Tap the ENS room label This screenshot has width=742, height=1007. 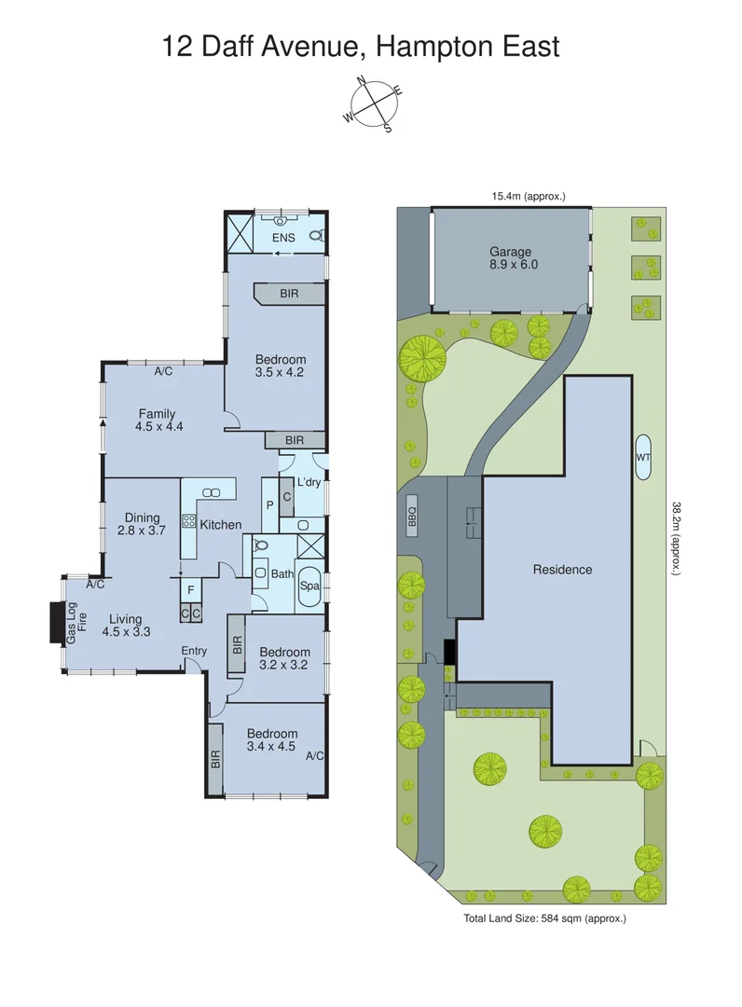click(x=282, y=238)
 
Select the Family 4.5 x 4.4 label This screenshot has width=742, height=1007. click(x=157, y=421)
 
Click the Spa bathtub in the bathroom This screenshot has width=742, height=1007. click(x=309, y=586)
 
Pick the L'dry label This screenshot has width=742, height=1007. click(x=309, y=482)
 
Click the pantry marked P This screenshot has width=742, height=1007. click(x=270, y=504)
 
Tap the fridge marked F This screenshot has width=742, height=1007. click(x=190, y=590)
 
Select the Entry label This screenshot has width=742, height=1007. click(x=194, y=651)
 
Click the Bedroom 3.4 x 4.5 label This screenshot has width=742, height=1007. click(x=272, y=740)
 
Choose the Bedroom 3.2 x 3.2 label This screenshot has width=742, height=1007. click(x=284, y=658)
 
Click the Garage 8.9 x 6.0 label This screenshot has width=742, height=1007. click(x=511, y=257)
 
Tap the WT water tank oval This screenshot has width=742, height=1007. click(x=643, y=458)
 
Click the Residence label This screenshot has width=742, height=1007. click(x=562, y=569)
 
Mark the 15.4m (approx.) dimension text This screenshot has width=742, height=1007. click(x=529, y=196)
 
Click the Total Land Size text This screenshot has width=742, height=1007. click(x=544, y=919)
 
